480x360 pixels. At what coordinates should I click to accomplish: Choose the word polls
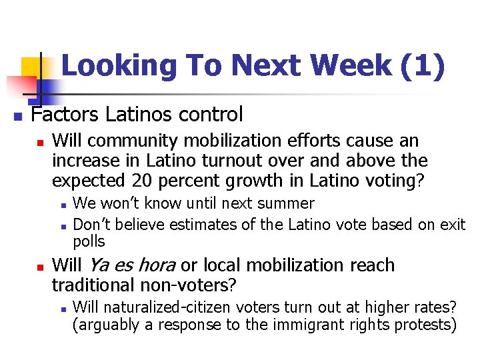point(89,241)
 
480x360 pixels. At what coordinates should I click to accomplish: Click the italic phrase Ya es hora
point(131,265)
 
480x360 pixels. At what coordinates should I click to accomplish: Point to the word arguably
point(106,325)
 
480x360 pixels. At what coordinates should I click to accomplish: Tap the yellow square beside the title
point(31,68)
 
